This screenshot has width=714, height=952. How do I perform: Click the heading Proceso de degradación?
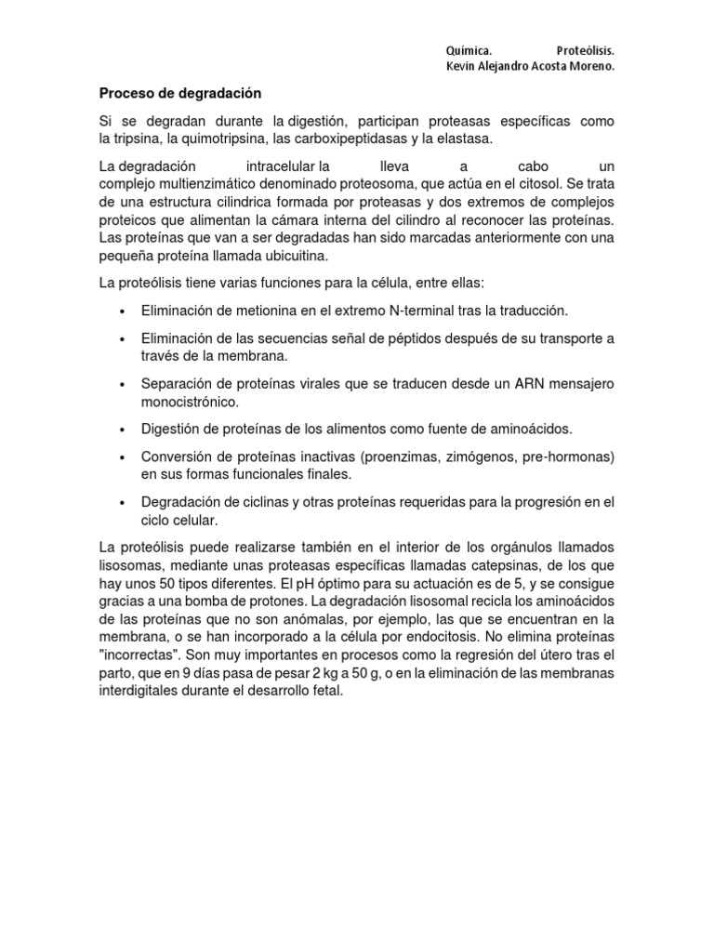pyautogui.click(x=180, y=94)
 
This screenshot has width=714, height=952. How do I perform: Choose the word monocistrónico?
pyautogui.click(x=190, y=402)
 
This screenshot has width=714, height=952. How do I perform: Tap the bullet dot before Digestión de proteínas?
pyautogui.click(x=122, y=430)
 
